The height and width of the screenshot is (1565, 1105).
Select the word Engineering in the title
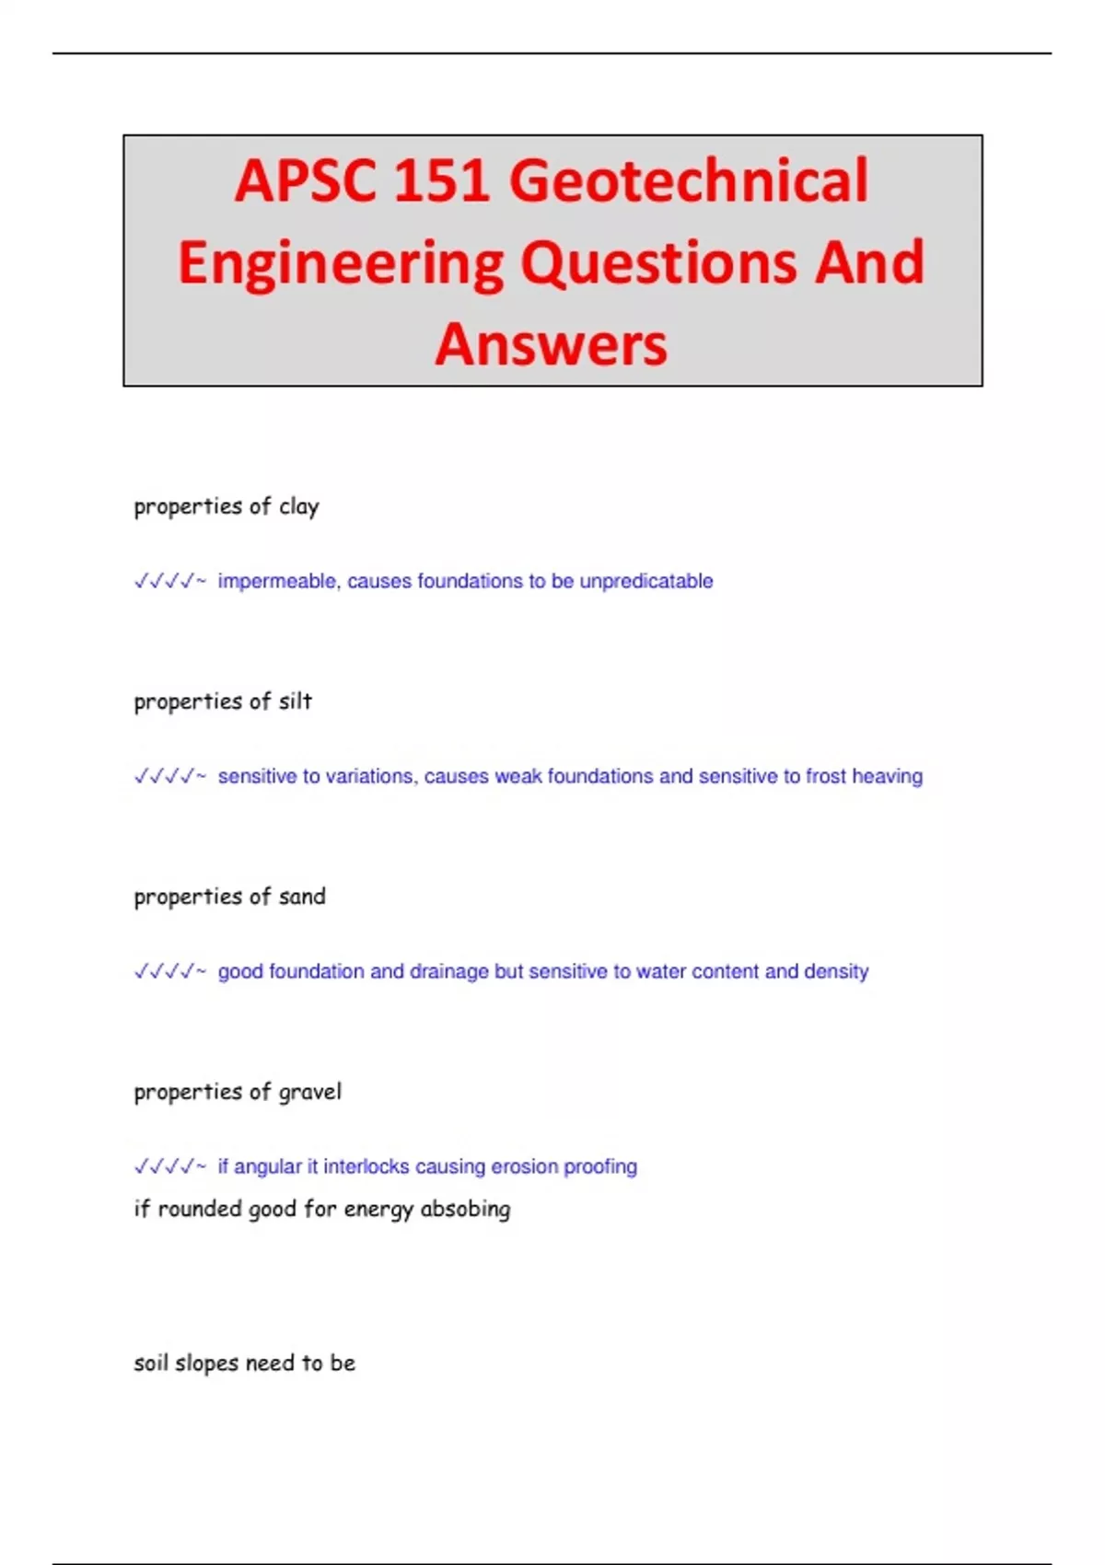(x=341, y=262)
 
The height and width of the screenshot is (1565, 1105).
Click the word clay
(x=299, y=507)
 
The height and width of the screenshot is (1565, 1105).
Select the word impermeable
(x=277, y=582)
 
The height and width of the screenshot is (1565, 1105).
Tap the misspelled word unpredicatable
(x=646, y=582)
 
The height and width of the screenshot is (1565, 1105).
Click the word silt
(x=296, y=701)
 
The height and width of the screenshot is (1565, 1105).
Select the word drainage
(x=449, y=972)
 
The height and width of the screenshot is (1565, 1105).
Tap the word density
(x=836, y=972)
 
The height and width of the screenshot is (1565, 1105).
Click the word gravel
(x=310, y=1093)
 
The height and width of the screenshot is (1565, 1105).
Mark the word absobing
(x=465, y=1210)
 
